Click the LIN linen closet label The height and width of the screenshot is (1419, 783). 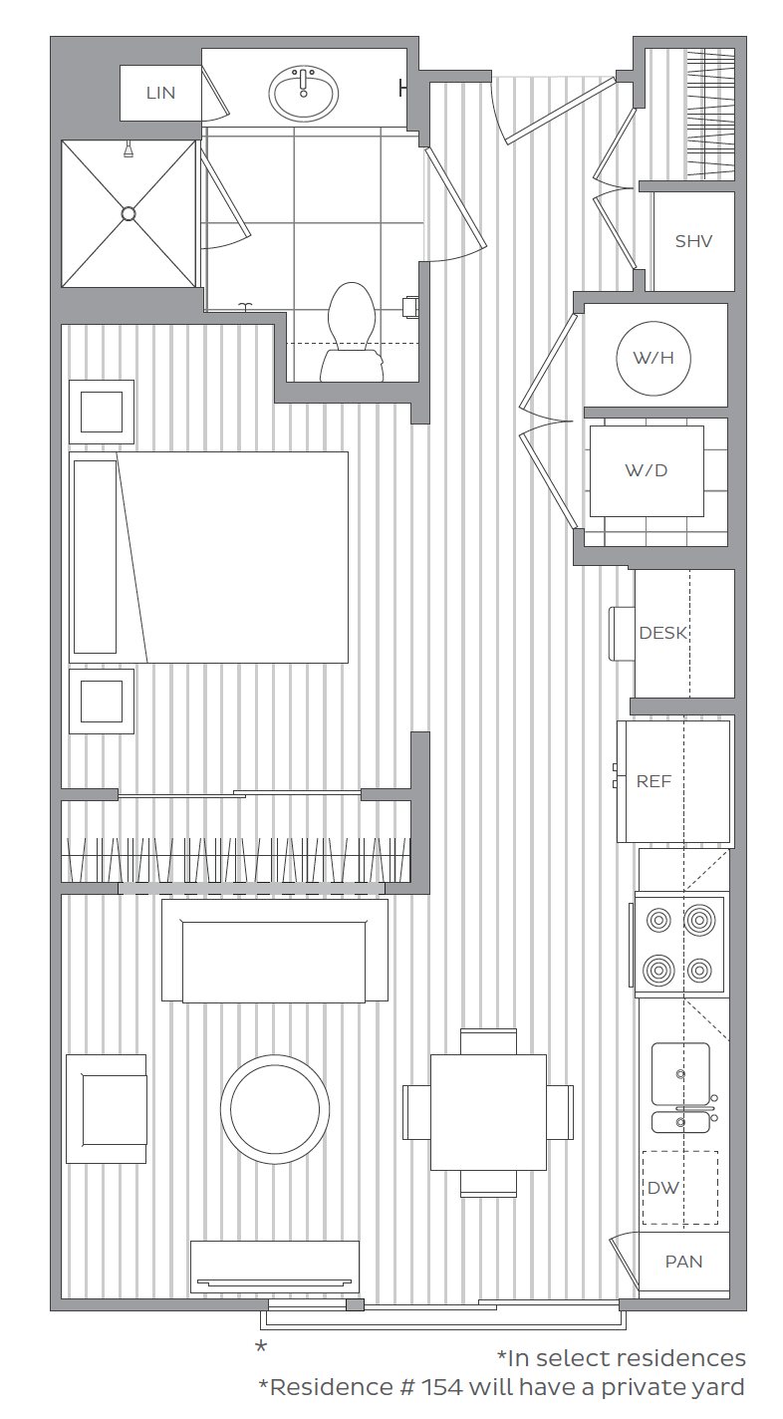coord(160,93)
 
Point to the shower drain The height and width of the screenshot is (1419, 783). coord(129,213)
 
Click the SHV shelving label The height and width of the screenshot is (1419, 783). coord(693,241)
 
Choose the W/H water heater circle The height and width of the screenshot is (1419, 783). coord(653,358)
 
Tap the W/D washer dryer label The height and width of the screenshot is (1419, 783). coord(647,470)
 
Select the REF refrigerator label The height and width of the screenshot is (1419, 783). coord(654,781)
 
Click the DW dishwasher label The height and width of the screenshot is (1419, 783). coord(663,1188)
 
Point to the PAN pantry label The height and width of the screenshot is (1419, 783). coord(683,1262)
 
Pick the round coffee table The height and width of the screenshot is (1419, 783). coord(275,1108)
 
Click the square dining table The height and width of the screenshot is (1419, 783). coord(488,1112)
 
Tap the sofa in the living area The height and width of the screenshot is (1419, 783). coord(275,951)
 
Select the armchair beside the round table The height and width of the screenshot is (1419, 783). coord(107,1108)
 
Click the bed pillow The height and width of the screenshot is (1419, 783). coord(96,557)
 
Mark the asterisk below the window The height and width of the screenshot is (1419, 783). coord(261,1349)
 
